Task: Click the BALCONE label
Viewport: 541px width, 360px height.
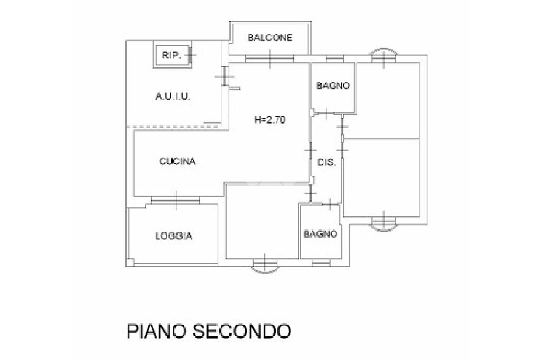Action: tap(270, 37)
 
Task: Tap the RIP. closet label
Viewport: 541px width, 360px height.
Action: tap(172, 55)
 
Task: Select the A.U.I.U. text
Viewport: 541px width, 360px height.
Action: tap(173, 97)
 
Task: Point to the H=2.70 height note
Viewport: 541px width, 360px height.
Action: tap(270, 120)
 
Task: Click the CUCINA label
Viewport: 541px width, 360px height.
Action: tap(178, 162)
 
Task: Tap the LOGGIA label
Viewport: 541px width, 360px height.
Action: tap(173, 236)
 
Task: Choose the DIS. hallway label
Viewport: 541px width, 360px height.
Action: tap(327, 163)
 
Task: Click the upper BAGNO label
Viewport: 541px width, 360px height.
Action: tap(333, 86)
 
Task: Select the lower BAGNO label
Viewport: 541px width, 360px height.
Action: tap(320, 234)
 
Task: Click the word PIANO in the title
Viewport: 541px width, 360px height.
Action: tap(156, 331)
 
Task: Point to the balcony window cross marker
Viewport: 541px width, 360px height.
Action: tap(270, 58)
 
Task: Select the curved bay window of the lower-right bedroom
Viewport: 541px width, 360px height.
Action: tap(384, 222)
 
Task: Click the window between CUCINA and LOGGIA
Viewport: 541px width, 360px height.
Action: tap(175, 200)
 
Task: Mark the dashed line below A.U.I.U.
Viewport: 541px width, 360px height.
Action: tap(174, 126)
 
